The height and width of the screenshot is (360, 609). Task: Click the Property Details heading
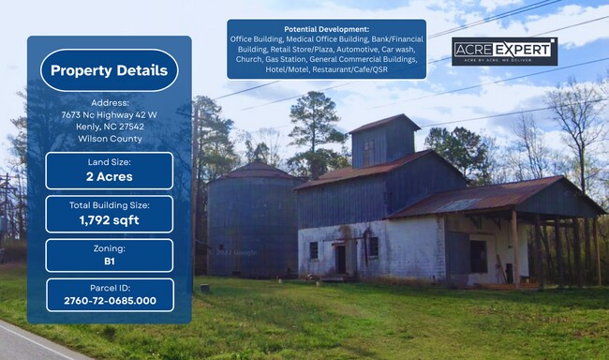[109, 70]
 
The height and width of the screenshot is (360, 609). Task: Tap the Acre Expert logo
[504, 52]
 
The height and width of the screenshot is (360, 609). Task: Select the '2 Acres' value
[109, 176]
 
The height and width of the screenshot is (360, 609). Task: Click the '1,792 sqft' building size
[109, 220]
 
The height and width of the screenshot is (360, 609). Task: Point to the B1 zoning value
[109, 262]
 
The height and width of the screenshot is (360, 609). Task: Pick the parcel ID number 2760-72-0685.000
[109, 301]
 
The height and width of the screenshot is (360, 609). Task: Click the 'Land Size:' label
[109, 161]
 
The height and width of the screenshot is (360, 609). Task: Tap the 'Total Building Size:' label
[109, 204]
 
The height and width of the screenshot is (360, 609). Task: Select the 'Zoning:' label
[109, 247]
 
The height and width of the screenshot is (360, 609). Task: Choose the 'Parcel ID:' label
[109, 286]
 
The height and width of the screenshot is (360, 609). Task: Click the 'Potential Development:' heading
[326, 29]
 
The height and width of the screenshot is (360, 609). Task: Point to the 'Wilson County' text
[109, 139]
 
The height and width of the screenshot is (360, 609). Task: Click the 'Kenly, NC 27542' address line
[109, 127]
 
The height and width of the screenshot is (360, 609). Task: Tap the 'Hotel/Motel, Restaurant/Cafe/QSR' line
[326, 69]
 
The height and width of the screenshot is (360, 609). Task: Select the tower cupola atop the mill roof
[384, 141]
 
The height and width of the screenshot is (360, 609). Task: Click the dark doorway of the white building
[339, 258]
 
